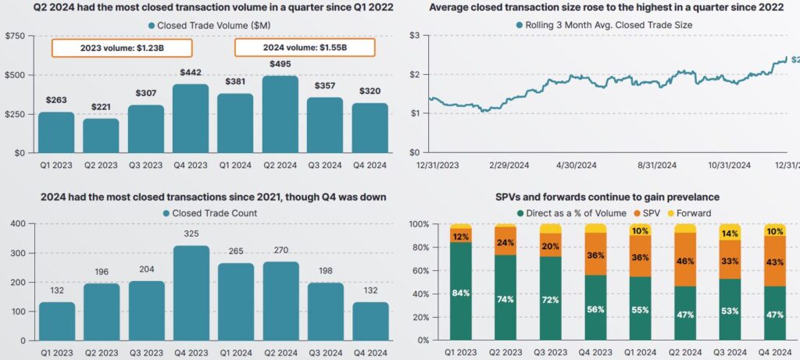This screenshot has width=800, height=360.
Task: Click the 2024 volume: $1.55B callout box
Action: tap(305, 47)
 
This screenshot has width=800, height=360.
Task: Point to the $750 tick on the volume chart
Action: tap(16, 36)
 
